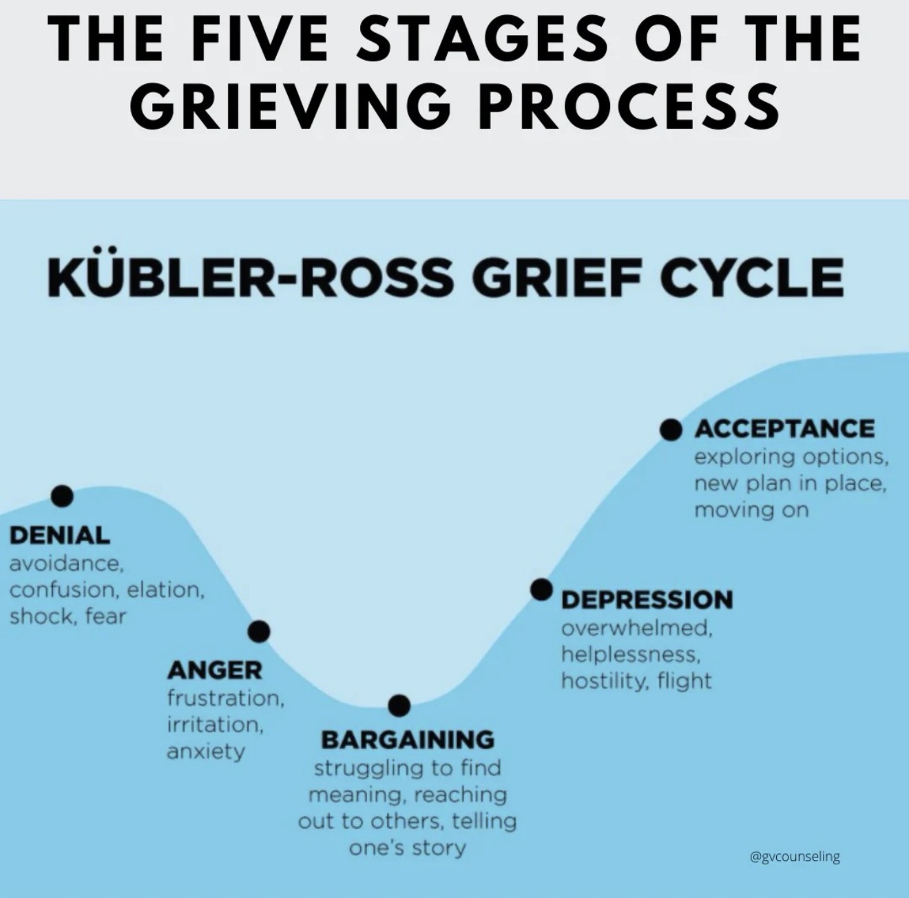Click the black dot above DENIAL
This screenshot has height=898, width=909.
62,495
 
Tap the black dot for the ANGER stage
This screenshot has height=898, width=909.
259,631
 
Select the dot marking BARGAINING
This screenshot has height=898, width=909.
399,704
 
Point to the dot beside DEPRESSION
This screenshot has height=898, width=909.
542,589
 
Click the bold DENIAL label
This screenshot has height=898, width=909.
60,535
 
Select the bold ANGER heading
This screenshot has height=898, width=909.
214,669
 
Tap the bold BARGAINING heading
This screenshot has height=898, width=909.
408,740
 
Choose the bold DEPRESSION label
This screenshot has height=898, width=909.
647,599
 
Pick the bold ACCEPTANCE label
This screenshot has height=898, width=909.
784,428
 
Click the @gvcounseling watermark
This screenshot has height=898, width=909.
794,857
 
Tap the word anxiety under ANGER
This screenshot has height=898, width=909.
205,751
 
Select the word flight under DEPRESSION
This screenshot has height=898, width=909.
684,681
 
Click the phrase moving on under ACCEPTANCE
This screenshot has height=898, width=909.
751,510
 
